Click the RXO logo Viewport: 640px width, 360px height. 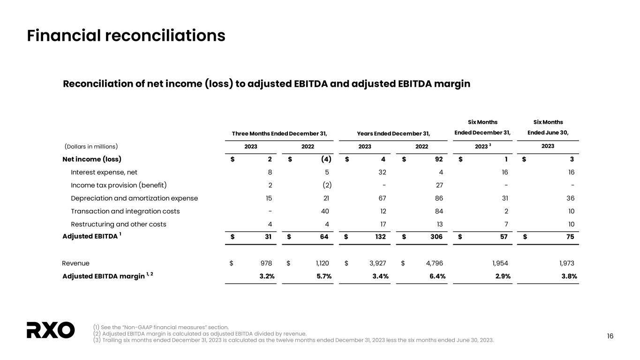coord(51,330)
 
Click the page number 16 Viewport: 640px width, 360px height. coord(610,336)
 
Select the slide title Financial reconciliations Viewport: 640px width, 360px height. coord(126,36)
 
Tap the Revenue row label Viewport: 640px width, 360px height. coord(75,263)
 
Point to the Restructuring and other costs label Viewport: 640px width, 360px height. coord(118,224)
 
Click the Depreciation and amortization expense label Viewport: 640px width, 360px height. coord(134,198)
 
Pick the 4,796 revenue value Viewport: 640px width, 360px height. coord(432,263)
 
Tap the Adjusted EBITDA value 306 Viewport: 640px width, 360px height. coord(436,237)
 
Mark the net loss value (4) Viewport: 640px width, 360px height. coord(325,159)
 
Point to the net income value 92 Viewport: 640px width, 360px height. coord(439,159)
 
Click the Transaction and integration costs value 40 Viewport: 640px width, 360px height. coord(324,211)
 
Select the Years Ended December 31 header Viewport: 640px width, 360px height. coord(393,134)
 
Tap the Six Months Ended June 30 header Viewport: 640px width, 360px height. coord(548,127)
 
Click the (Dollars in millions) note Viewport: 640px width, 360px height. coord(91,146)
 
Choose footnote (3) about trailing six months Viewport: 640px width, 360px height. coord(293,340)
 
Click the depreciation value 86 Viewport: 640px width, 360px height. coord(438,198)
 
